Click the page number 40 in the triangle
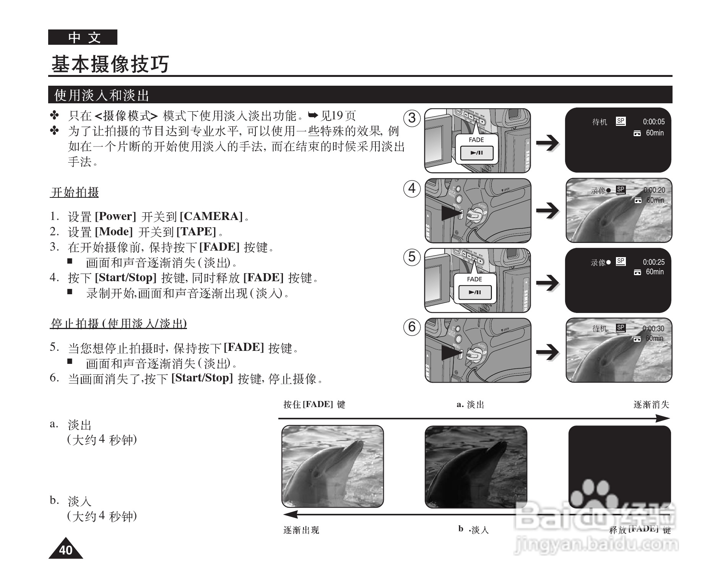click(x=66, y=550)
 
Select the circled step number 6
click(x=412, y=326)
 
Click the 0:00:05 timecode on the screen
click(x=653, y=122)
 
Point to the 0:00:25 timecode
click(x=653, y=262)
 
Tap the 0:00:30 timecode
click(x=653, y=329)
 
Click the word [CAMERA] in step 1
click(x=211, y=217)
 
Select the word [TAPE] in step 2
click(x=196, y=232)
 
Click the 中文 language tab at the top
click(x=83, y=37)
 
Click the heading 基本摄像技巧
click(x=110, y=64)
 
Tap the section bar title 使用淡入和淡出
click(x=102, y=95)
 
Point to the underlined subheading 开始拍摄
click(x=75, y=192)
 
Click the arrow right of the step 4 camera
click(x=547, y=210)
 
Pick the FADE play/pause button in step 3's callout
click(x=476, y=153)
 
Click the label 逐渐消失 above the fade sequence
click(x=651, y=405)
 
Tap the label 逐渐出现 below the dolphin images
click(x=301, y=530)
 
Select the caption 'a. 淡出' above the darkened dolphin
click(x=470, y=405)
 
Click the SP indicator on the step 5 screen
click(x=621, y=261)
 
